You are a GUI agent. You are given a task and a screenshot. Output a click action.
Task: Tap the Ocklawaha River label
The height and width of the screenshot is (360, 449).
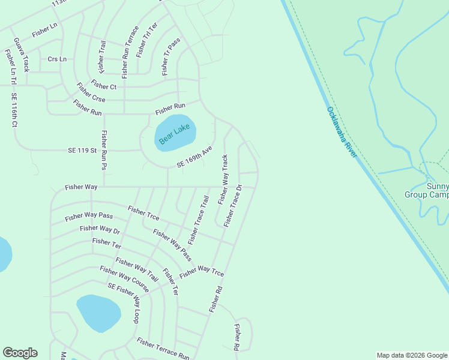point(342,132)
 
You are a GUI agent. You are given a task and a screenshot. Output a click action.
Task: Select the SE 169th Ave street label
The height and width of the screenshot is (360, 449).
point(194,157)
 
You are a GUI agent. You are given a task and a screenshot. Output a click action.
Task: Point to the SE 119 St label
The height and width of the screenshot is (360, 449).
point(82,149)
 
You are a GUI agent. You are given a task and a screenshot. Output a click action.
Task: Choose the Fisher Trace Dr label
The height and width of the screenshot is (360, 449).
point(233,206)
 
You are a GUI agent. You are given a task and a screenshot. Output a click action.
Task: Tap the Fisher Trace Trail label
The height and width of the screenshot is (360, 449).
point(198,220)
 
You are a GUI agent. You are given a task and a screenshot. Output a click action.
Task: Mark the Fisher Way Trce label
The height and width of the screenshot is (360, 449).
point(202,271)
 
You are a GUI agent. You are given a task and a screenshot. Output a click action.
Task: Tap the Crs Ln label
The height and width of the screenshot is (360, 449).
point(57,59)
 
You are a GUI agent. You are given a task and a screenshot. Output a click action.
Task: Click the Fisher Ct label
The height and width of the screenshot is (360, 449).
point(104,86)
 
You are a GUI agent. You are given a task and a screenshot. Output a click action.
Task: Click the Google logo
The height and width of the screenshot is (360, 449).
point(20,353)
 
